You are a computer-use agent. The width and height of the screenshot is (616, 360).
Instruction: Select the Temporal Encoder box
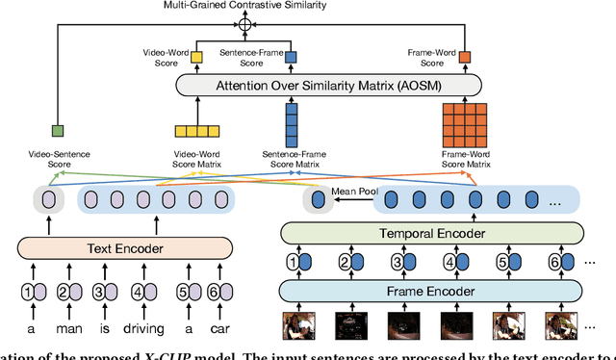tap(432, 232)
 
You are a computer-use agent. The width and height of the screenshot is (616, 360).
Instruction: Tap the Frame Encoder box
tap(432, 291)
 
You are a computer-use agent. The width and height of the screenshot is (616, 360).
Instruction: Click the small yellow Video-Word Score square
tap(197, 59)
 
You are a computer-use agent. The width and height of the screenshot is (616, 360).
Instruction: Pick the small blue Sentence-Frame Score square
tap(291, 59)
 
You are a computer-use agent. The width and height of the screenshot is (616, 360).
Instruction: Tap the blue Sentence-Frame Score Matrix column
tap(291, 124)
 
